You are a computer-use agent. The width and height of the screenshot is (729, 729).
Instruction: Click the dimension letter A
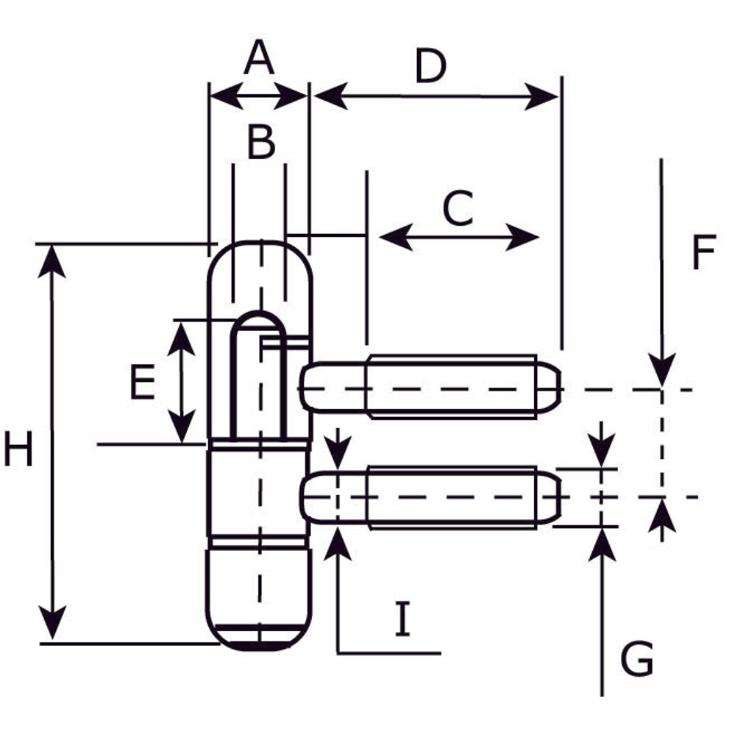pos(259,59)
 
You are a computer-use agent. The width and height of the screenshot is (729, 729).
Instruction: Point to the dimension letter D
pos(430,67)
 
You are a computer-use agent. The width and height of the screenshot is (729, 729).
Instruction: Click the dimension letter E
pos(142,383)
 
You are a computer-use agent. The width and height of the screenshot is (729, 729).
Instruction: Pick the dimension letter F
pos(703,253)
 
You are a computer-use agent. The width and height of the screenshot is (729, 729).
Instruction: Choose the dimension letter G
pos(636,658)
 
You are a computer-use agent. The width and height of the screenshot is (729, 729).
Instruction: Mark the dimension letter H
pos(18,449)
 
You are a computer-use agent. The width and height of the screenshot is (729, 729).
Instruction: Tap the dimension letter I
pos(402,619)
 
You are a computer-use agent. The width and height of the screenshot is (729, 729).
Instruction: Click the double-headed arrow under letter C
pos(460,238)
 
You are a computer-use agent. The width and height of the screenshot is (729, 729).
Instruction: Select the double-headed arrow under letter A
pos(258,96)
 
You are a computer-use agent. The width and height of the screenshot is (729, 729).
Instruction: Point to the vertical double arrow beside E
pos(181,383)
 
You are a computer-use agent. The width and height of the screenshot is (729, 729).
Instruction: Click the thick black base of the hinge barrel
pos(260,645)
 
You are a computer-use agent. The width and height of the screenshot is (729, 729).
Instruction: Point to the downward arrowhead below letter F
pos(662,368)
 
